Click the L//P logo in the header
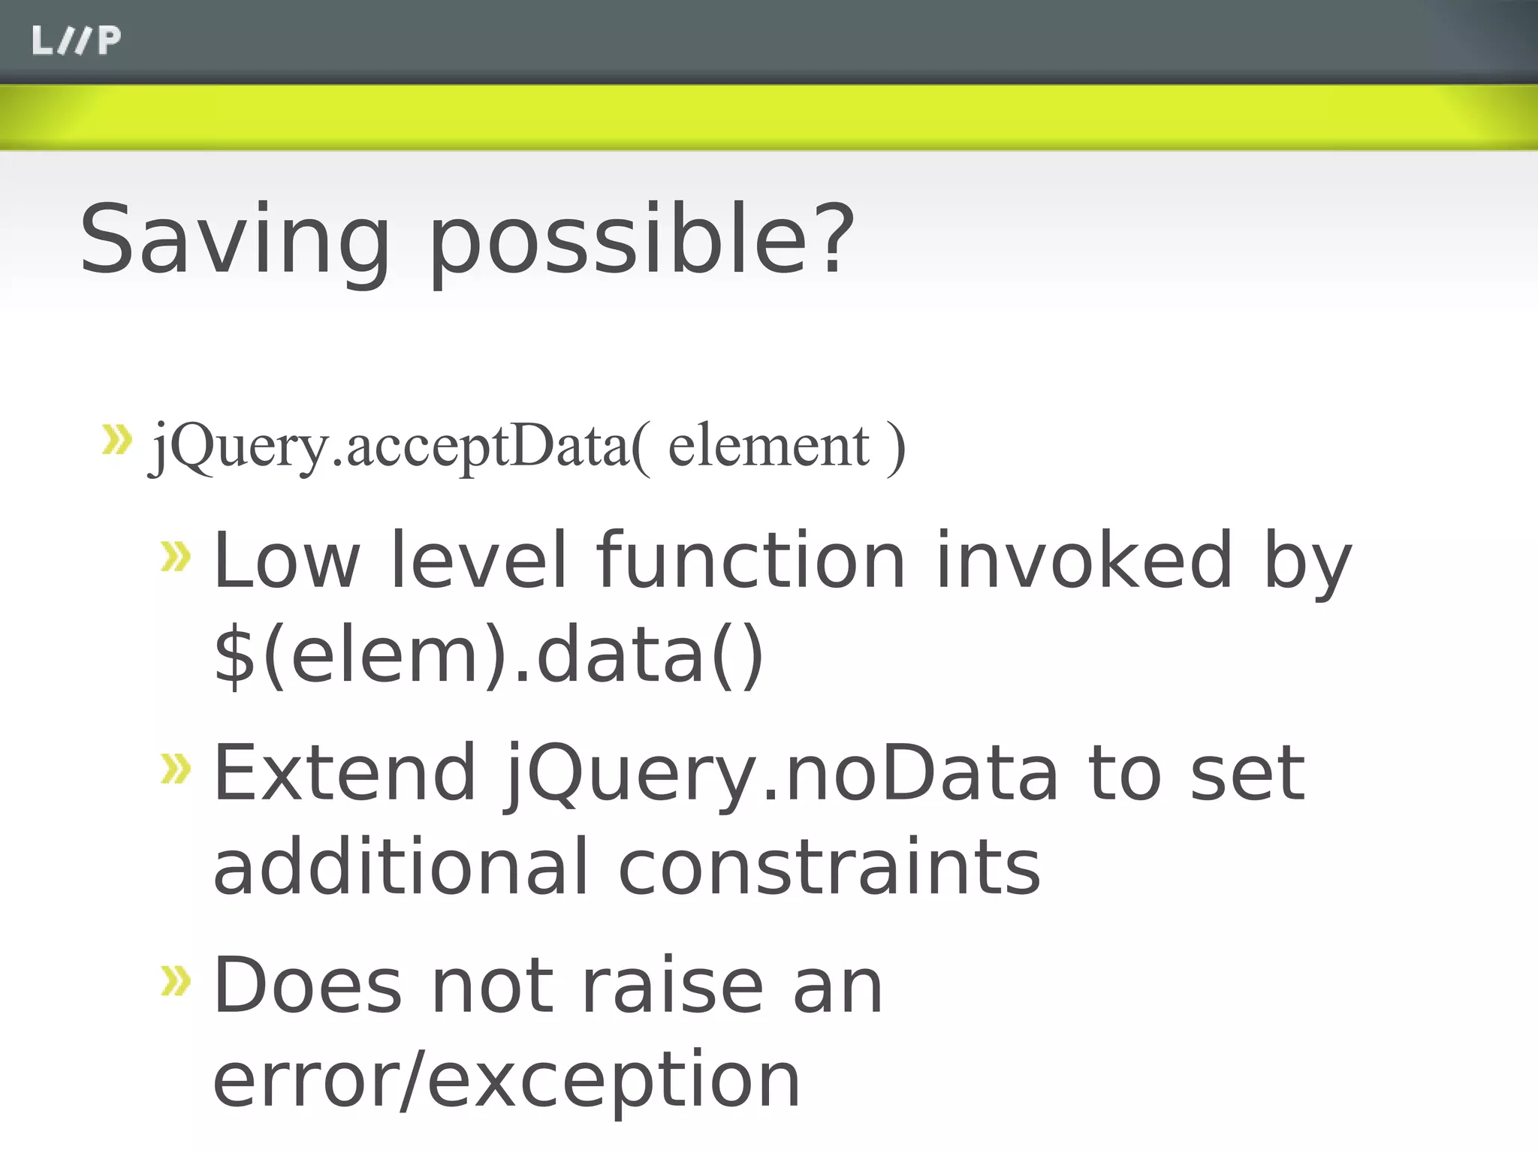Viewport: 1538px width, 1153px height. pos(76,41)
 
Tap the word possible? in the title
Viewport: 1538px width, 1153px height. pos(642,242)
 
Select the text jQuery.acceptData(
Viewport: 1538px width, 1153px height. pos(399,447)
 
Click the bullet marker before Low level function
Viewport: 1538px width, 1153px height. pos(176,556)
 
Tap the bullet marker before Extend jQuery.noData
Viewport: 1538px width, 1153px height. pos(176,769)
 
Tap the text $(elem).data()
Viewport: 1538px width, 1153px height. pos(489,655)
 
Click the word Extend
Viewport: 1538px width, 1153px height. pos(345,772)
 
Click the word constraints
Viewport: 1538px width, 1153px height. pos(829,867)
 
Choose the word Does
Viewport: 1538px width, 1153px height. pos(308,985)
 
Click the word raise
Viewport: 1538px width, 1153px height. pos(673,985)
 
